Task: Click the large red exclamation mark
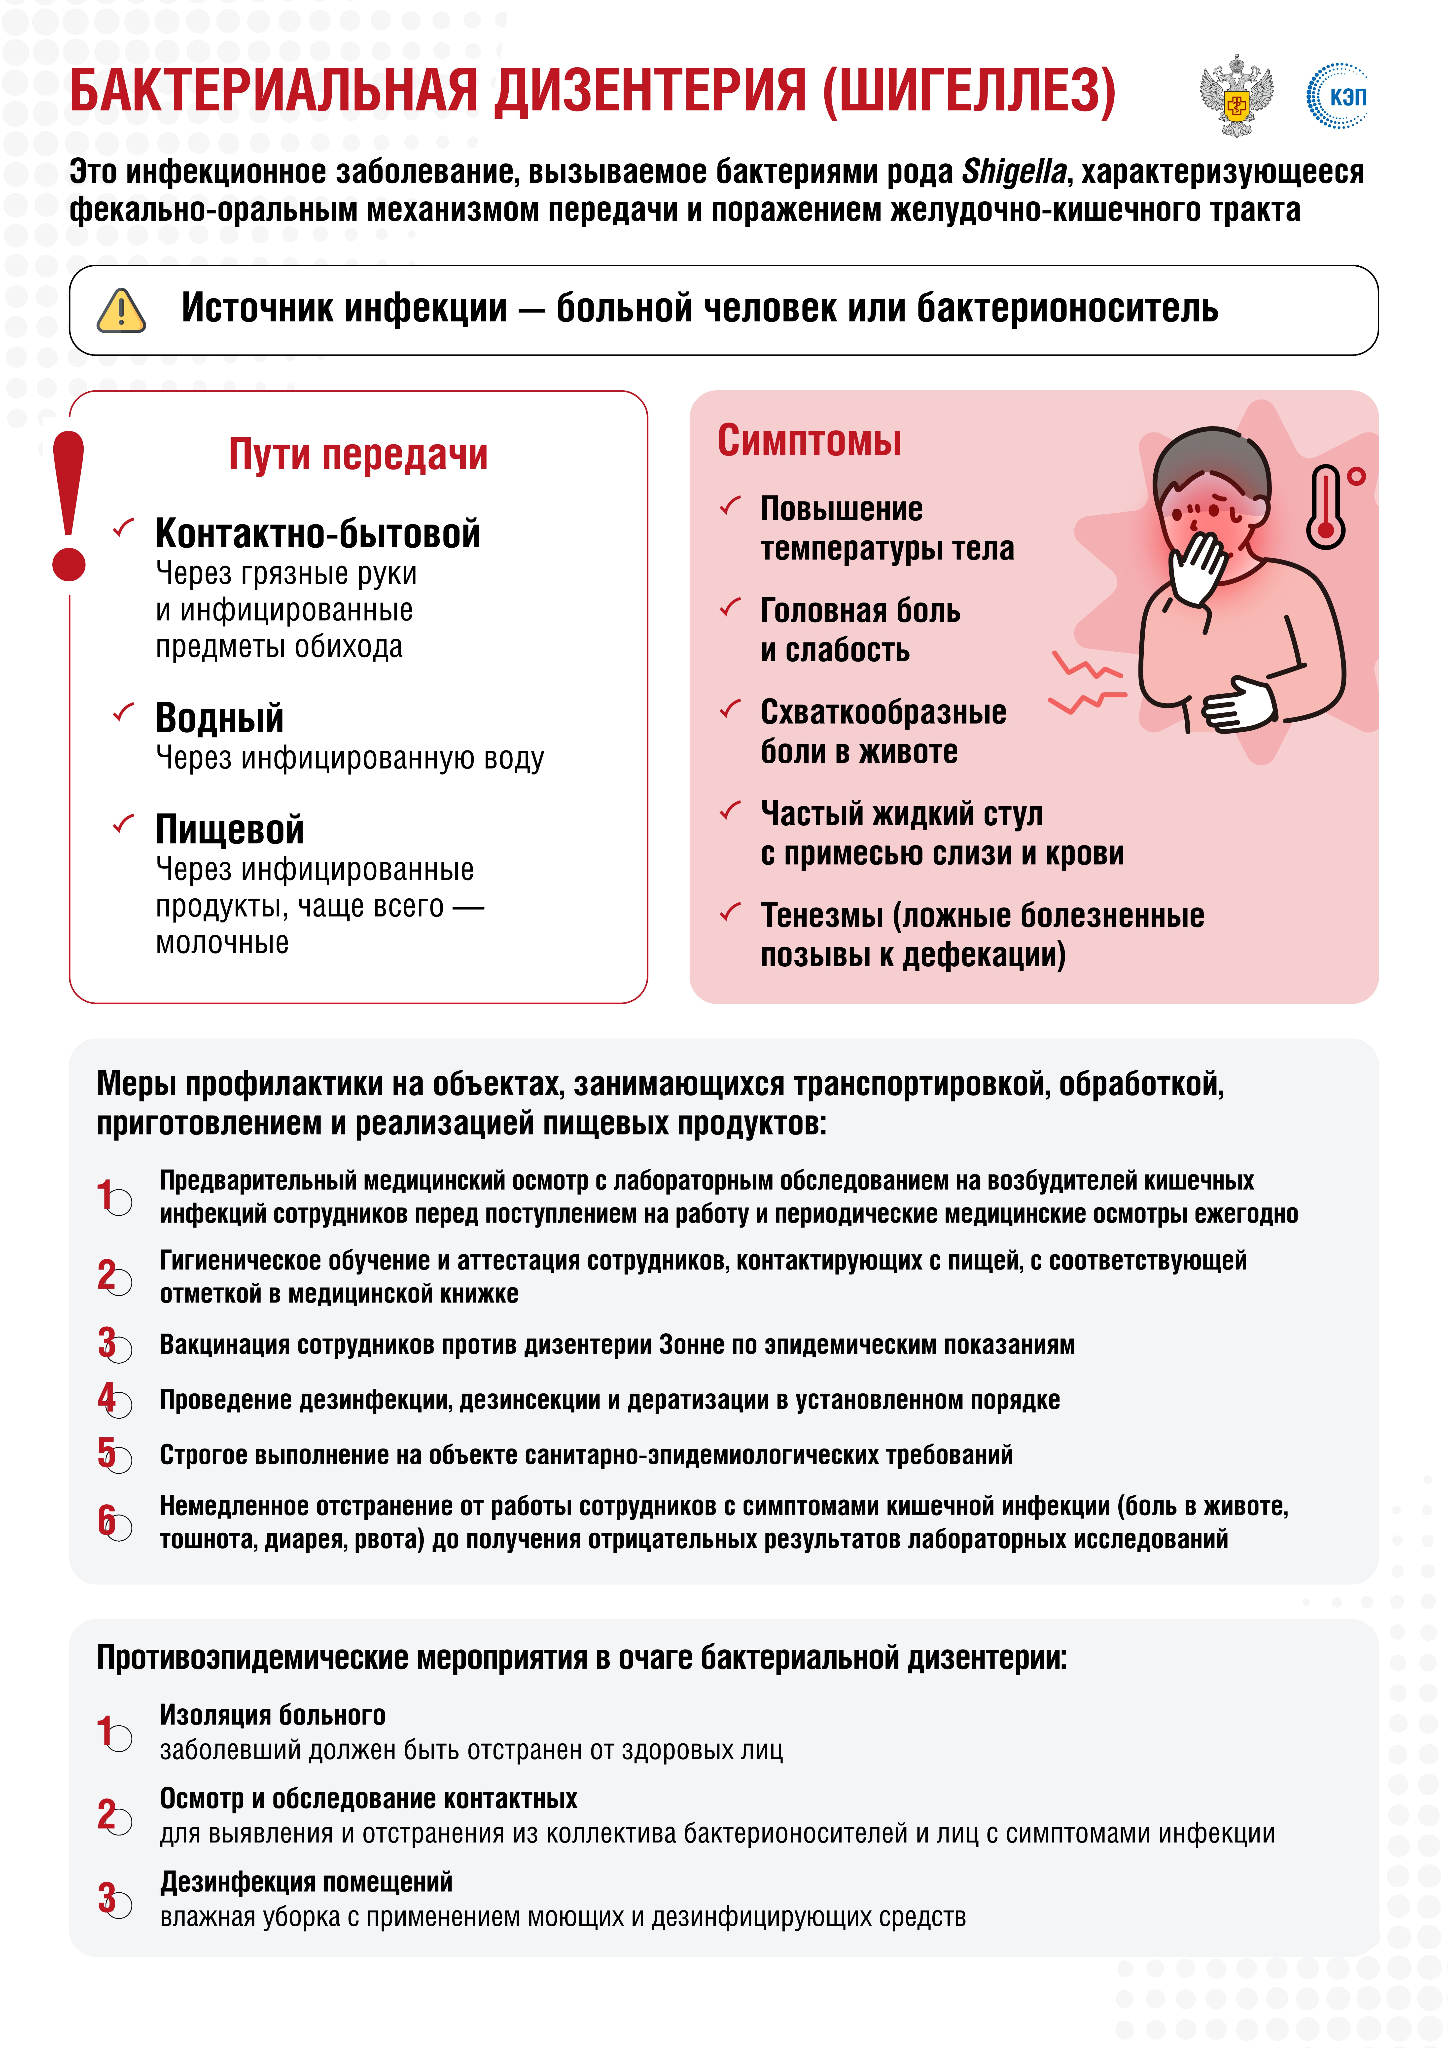(x=69, y=506)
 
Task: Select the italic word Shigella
(x=1014, y=171)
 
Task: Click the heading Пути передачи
(x=358, y=454)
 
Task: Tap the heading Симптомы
(x=809, y=441)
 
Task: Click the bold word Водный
(x=219, y=718)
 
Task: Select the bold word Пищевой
(x=229, y=830)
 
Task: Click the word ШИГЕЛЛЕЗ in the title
(x=968, y=91)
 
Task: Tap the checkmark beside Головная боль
(x=731, y=608)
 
